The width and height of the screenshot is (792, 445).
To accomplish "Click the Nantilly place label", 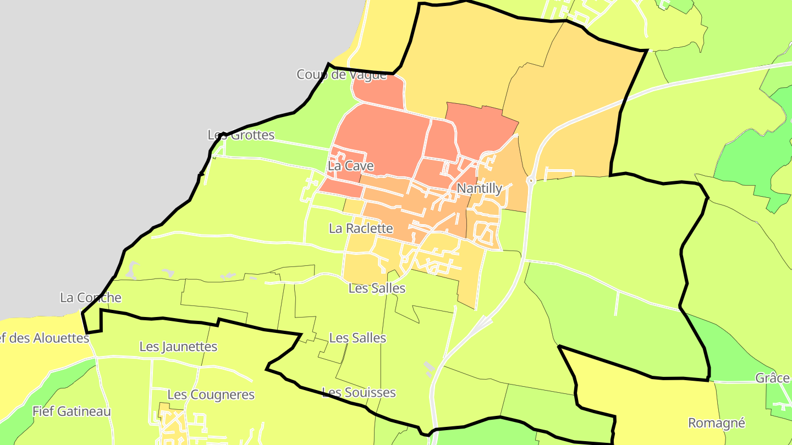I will pos(480,188).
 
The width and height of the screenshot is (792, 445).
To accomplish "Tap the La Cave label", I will pos(350,166).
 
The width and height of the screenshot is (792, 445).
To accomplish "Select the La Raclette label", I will pos(361,229).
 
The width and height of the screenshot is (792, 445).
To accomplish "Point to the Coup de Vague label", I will pos(342,75).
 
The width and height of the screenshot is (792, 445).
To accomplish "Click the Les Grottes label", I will pos(241,135).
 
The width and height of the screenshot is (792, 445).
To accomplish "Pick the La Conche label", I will pos(90,298).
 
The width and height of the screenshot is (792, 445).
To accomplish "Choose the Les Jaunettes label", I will pos(178,347).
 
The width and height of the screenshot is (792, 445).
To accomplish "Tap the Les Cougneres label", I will pos(211,395).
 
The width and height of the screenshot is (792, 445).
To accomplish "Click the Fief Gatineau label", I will pos(71,411).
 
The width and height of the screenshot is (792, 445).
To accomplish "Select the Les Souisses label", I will pos(359,393).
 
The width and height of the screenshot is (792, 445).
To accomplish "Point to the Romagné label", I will pos(717,423).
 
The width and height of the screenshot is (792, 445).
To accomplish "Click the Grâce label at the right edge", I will pos(772,378).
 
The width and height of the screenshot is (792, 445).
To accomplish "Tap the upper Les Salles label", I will pos(377,288).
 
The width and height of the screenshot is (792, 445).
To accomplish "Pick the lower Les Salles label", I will pos(358,338).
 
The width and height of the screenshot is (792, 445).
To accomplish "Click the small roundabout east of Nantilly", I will pos(531,180).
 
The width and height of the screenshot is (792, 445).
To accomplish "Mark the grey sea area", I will pos(137,82).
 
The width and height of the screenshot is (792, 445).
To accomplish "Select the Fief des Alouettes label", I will pos(44,338).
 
